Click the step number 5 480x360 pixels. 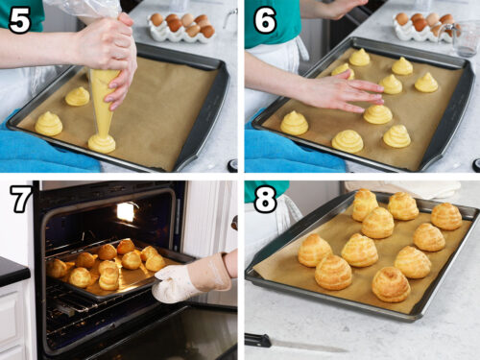19,19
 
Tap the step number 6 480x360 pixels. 264,19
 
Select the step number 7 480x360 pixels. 19,199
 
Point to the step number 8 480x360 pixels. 264,199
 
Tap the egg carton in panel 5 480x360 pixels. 180,27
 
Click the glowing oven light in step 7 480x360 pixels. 125,211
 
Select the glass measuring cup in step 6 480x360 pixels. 466,38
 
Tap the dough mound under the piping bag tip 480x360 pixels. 102,144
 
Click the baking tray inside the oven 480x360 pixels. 106,274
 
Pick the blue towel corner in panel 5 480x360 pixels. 29,158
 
